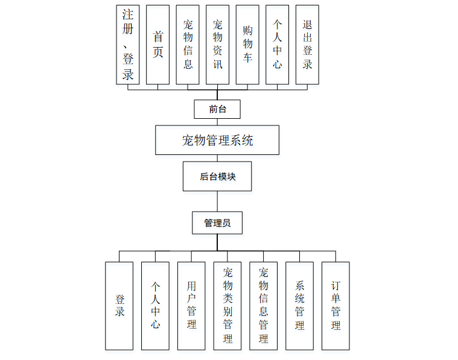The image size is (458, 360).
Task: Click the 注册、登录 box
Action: click(x=128, y=45)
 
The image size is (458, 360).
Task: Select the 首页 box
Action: click(x=157, y=45)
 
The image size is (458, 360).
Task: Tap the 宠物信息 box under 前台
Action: click(x=188, y=45)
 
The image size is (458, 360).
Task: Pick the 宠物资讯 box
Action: click(x=217, y=45)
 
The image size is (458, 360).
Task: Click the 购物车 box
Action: click(x=247, y=45)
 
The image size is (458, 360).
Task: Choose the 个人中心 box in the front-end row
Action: click(x=277, y=45)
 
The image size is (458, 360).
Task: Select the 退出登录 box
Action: click(x=307, y=45)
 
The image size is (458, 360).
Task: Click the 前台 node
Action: click(x=217, y=109)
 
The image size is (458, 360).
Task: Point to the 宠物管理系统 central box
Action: click(x=217, y=141)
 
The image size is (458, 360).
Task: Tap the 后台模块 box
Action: click(x=217, y=177)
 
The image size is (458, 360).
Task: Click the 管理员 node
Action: click(x=217, y=223)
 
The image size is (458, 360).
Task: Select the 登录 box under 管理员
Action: click(x=119, y=306)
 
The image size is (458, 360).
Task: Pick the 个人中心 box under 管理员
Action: click(x=155, y=306)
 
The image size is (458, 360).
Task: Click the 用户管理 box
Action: click(x=191, y=306)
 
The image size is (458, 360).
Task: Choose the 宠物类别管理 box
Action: click(x=227, y=306)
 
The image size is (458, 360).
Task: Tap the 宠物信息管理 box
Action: click(x=264, y=306)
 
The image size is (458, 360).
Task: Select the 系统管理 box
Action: click(x=299, y=306)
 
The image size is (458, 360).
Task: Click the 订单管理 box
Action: click(x=336, y=306)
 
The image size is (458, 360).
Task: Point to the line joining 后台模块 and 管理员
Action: click(x=217, y=201)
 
